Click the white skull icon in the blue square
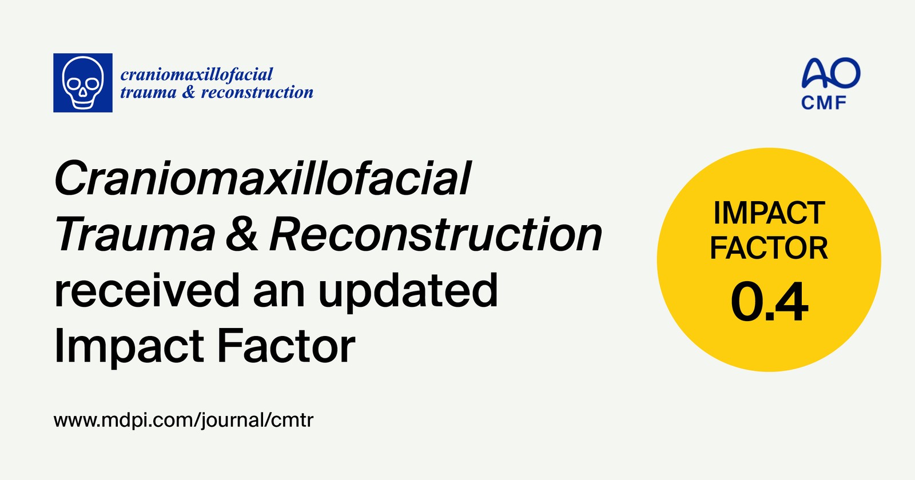click(x=83, y=83)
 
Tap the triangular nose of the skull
click(x=83, y=93)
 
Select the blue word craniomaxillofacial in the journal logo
click(x=197, y=75)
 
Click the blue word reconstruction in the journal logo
click(x=257, y=93)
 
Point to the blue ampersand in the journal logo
click(x=189, y=92)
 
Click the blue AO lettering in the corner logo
click(x=831, y=73)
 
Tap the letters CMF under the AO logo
click(x=823, y=103)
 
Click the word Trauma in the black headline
click(x=135, y=234)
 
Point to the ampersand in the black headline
click(x=242, y=234)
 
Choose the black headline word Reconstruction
click(x=436, y=234)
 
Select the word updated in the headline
click(x=408, y=292)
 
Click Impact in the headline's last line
click(x=129, y=347)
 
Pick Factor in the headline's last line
click(x=286, y=346)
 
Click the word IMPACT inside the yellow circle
click(x=769, y=213)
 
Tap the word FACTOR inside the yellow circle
click(x=769, y=248)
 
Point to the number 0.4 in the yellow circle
click(x=769, y=302)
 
